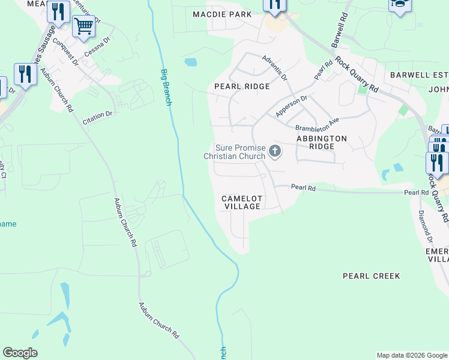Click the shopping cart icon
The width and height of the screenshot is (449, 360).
83,26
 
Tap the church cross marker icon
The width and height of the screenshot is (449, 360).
275,151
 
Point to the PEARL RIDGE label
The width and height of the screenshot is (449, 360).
242,86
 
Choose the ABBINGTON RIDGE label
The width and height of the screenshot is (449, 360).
322,142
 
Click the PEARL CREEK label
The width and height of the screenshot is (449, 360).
371,276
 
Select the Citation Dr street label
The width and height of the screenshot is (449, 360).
97,118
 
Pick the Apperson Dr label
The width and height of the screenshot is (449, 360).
291,106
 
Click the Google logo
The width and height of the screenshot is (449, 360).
20,353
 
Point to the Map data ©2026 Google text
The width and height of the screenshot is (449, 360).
412,355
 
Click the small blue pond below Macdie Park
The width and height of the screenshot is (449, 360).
190,62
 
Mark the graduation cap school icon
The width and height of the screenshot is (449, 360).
399,5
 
